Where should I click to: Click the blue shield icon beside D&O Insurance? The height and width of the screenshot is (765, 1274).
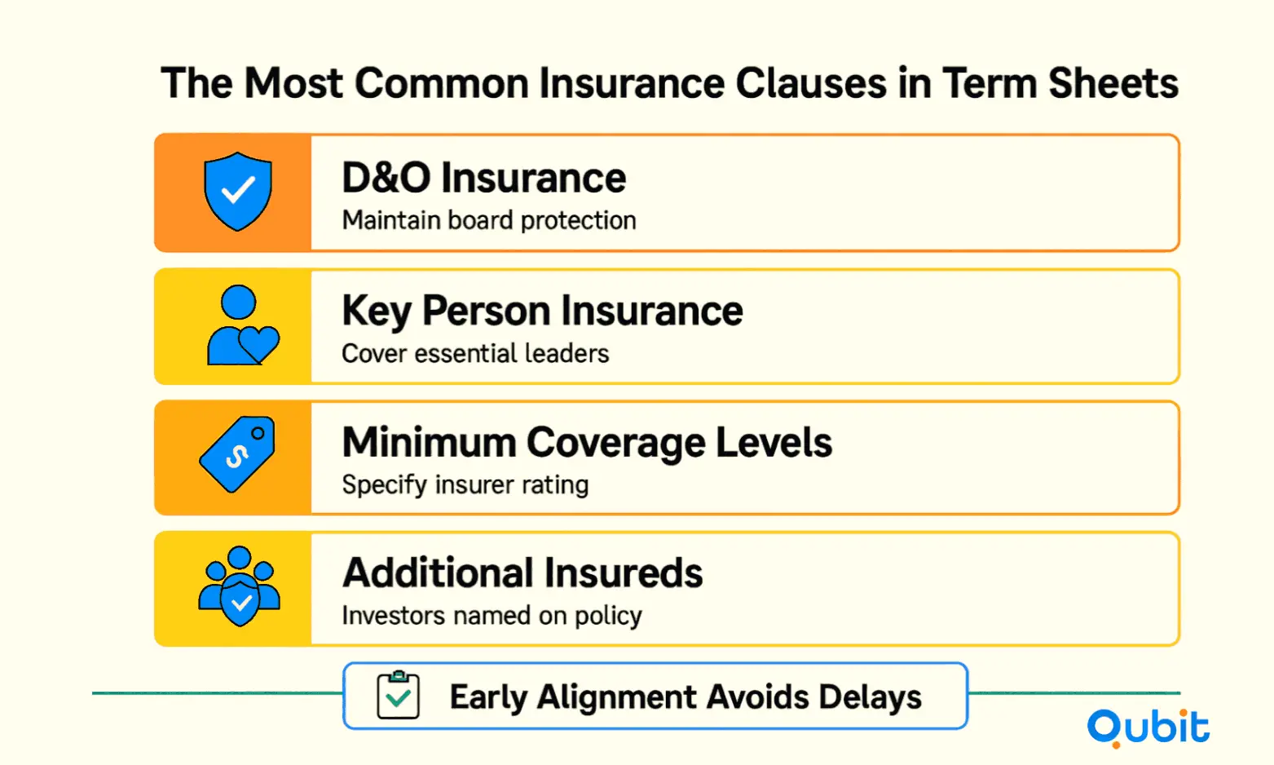click(x=238, y=191)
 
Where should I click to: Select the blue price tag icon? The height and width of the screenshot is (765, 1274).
click(x=238, y=453)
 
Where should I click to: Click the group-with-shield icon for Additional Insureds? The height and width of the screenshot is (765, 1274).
click(x=239, y=586)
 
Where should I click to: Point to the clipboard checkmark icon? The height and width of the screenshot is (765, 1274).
click(x=398, y=695)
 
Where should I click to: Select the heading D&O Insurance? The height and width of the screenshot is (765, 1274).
click(x=484, y=178)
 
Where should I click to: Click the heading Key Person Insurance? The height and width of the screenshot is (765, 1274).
click(x=542, y=312)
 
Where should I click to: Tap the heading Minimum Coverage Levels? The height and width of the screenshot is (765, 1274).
click(x=587, y=443)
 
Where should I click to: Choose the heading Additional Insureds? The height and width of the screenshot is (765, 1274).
click(x=522, y=573)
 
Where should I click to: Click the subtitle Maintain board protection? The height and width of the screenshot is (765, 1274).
click(x=489, y=220)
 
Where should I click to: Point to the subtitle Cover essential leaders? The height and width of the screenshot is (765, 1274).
click(x=475, y=353)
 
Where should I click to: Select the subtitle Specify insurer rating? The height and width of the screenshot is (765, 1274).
click(x=465, y=485)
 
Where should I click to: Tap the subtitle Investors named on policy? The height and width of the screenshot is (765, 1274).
click(x=492, y=616)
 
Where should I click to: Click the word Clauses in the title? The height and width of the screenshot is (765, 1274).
click(x=810, y=83)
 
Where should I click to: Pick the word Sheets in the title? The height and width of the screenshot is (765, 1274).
click(x=1113, y=83)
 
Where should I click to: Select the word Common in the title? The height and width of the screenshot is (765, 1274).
click(x=442, y=83)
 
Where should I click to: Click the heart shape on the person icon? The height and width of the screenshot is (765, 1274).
click(x=259, y=343)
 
